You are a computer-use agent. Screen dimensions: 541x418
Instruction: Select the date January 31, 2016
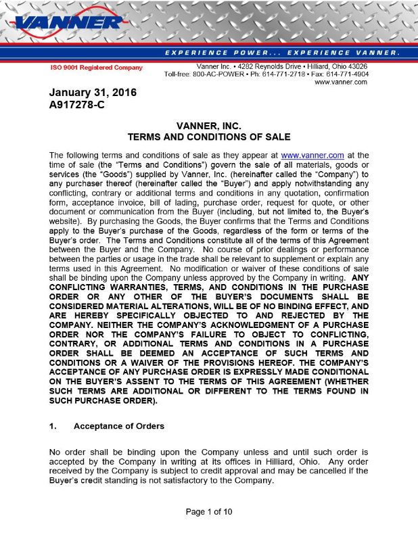tap(92, 93)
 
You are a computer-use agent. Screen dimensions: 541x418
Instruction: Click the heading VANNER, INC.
tap(208, 126)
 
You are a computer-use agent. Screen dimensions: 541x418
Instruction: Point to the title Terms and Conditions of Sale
tap(208, 137)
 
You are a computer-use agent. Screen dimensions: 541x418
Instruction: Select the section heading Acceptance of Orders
tap(118, 426)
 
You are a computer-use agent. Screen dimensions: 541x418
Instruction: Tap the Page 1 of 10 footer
tap(208, 511)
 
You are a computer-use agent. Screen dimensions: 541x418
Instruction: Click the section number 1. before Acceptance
tap(54, 426)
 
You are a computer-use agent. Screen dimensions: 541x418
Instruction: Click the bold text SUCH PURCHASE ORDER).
tap(103, 400)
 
